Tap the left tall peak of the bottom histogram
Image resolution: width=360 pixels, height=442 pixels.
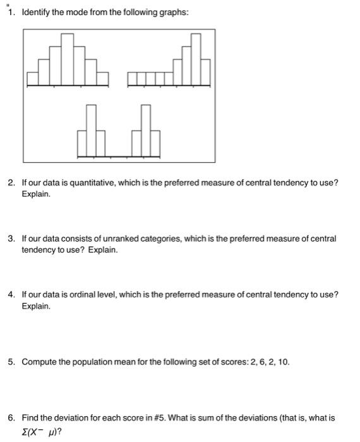pos(92,130)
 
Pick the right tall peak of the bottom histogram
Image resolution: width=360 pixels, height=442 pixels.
pos(146,130)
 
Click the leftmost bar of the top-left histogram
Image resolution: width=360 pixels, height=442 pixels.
pos(33,78)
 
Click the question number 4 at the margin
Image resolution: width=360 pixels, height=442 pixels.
pos(11,294)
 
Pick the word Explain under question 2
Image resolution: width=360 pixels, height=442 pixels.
pos(35,194)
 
